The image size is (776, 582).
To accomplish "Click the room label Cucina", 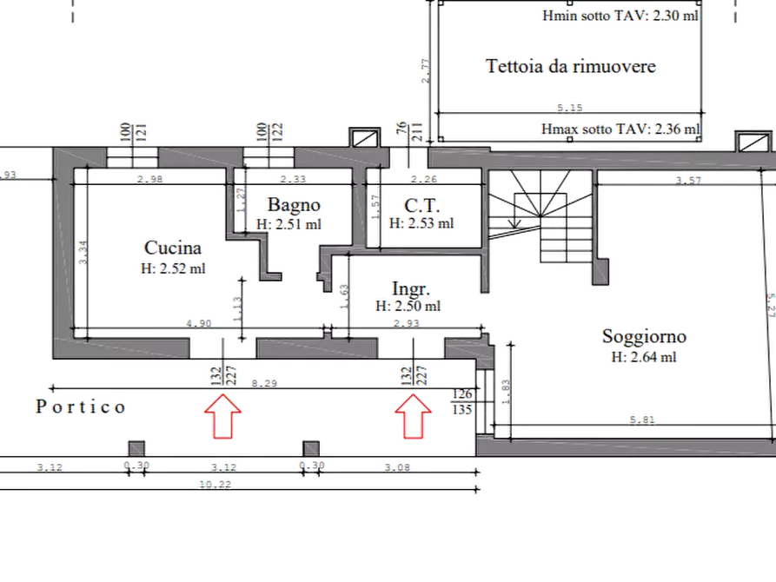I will coord(172,248).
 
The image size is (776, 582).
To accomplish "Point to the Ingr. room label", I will coord(408,288).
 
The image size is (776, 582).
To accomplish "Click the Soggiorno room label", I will coord(643,336).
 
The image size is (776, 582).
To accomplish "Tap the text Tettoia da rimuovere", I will coord(570,66).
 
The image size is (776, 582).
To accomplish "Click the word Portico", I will coord(83,407).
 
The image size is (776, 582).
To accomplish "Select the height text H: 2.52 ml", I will coord(172,268).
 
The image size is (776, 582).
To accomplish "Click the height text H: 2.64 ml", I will coord(644,356).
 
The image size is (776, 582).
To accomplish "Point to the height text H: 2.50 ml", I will coord(408,306).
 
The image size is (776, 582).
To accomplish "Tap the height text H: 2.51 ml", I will coord(289,224).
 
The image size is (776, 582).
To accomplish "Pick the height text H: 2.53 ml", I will coord(421,223).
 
